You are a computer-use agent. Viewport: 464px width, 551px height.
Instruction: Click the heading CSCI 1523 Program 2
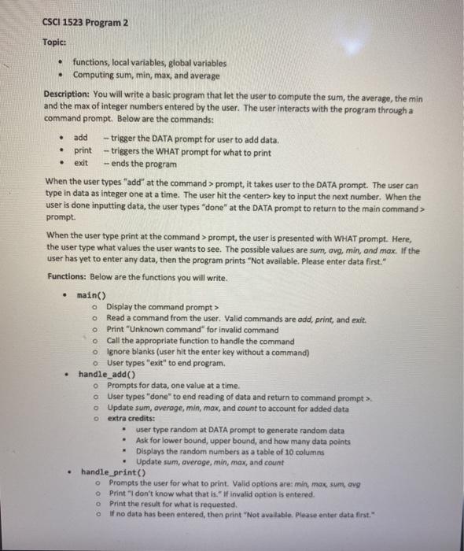pos(84,22)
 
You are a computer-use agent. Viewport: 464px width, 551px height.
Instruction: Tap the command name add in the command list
pos(81,139)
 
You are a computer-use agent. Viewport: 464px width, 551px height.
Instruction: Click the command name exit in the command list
pos(81,163)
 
